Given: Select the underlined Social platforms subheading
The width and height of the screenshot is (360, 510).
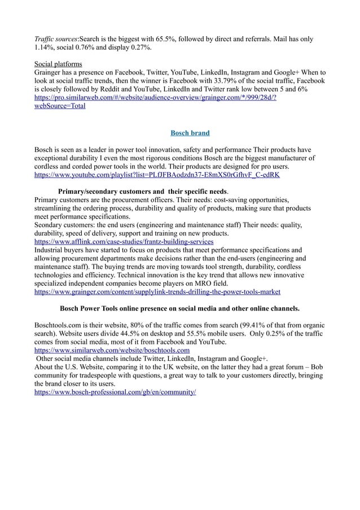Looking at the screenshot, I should [x=58, y=64].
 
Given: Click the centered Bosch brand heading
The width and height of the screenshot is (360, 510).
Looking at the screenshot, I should [x=190, y=133].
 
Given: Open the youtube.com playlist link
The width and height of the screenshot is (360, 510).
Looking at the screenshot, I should [x=157, y=176].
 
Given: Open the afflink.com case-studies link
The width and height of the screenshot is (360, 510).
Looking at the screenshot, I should [x=124, y=241].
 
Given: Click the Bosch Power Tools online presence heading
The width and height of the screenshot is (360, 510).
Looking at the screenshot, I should [x=179, y=309].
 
